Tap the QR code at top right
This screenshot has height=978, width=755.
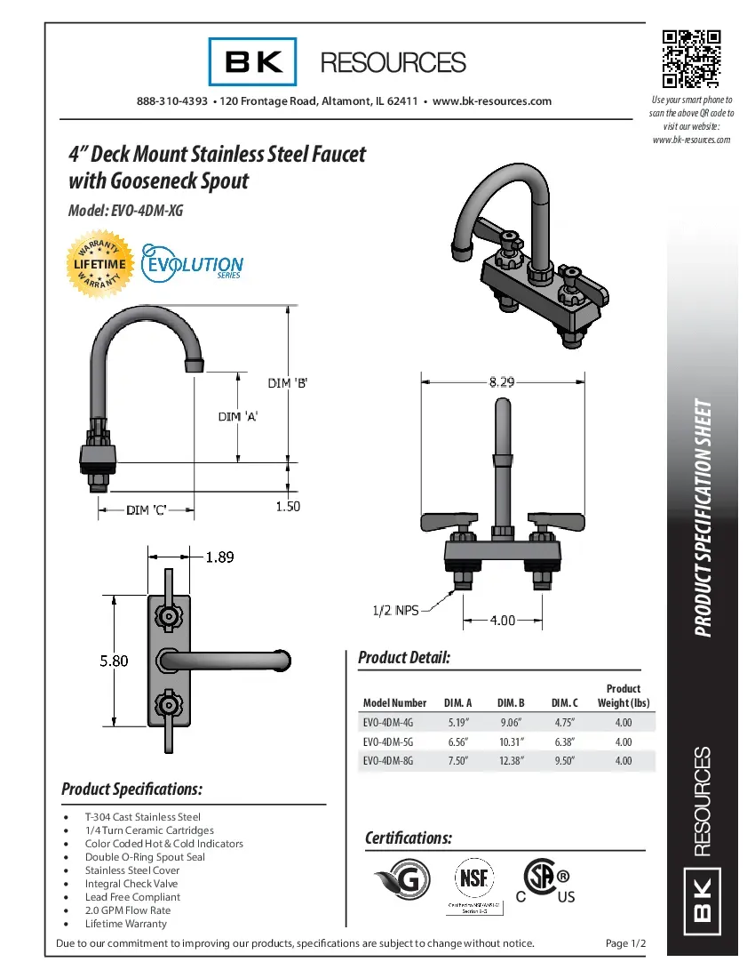click(691, 59)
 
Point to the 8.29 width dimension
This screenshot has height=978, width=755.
click(500, 382)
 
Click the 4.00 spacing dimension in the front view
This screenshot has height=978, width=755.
click(504, 619)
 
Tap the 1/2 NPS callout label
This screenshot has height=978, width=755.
click(394, 610)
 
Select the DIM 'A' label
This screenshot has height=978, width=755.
click(237, 416)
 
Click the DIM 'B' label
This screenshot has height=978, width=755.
click(288, 383)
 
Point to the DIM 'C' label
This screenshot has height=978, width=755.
click(146, 509)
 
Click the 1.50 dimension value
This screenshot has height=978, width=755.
click(288, 506)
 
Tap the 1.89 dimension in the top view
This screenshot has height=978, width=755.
click(219, 557)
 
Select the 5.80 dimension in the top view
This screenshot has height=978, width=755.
click(112, 661)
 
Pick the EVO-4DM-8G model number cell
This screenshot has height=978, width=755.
click(388, 761)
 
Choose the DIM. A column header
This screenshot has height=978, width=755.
click(457, 703)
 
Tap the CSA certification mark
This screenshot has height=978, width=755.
click(543, 880)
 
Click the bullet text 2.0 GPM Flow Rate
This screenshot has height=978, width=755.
click(128, 910)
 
